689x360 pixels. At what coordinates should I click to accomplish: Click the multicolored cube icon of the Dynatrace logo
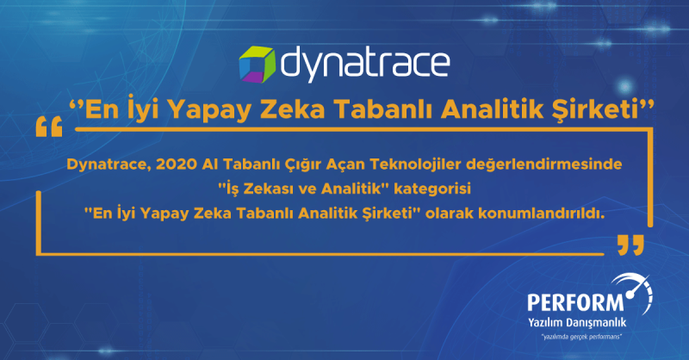coord(257,65)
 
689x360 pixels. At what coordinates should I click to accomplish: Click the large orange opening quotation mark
coord(49,127)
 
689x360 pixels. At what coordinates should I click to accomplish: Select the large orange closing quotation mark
coord(630,245)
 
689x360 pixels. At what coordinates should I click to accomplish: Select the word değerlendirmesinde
coord(544,165)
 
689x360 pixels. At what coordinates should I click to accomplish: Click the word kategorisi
coord(432,189)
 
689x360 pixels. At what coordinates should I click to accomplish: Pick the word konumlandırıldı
coord(542,214)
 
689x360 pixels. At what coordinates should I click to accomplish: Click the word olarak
coord(450,214)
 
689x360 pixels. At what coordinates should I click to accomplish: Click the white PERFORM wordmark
coord(575,303)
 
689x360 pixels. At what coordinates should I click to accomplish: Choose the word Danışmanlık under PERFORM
coord(596,323)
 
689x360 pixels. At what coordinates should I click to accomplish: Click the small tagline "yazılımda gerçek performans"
coord(582,337)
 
